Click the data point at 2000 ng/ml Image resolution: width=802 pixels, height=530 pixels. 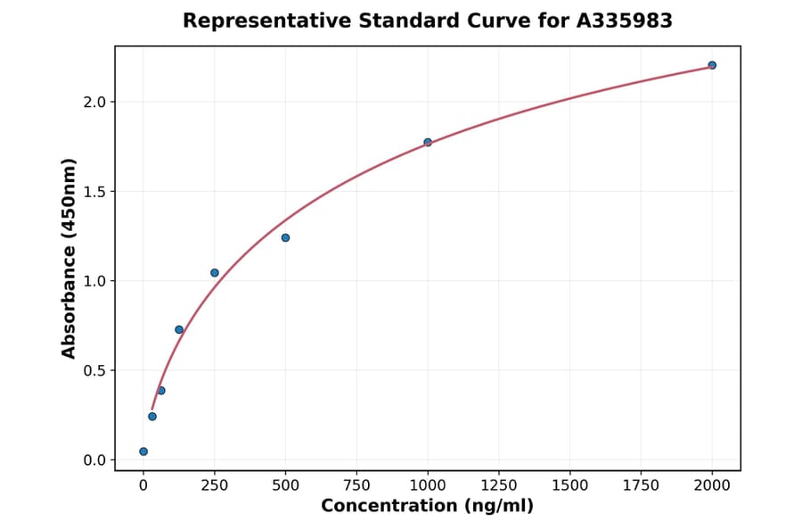pos(712,65)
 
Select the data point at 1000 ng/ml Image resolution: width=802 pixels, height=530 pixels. pos(428,142)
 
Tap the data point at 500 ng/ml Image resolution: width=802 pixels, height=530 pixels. pos(285,237)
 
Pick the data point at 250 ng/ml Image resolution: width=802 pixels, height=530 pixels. pos(215,273)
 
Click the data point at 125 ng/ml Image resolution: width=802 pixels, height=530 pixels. pos(179,329)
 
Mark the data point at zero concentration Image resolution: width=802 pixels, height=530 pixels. pos(143,451)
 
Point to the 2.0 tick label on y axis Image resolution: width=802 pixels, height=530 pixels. pos(94,102)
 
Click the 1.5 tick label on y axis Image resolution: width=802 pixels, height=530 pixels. pos(94,192)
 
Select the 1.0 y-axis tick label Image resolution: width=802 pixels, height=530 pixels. pos(94,281)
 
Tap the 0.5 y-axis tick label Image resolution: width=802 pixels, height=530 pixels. pos(94,370)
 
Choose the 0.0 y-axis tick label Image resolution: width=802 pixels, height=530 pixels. pos(94,460)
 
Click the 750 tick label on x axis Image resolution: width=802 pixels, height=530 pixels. pos(356,484)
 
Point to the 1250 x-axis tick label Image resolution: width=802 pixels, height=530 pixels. pos(499,484)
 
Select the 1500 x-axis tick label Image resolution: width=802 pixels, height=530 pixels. pos(570,484)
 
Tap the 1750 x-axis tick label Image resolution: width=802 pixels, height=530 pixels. pos(641,484)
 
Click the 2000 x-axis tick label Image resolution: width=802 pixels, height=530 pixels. pos(712,484)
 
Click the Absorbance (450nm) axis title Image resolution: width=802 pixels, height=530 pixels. pos(69,258)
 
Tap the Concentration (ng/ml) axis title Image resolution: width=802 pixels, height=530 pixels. pos(427,506)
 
